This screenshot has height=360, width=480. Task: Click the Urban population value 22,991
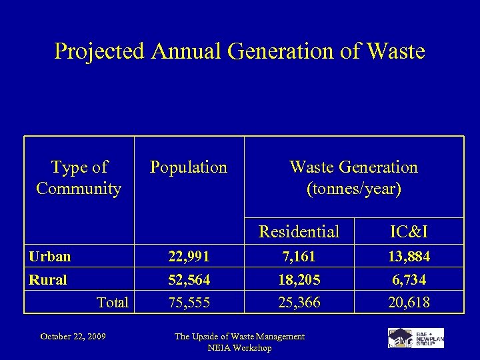(188, 257)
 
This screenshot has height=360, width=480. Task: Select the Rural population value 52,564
(188, 280)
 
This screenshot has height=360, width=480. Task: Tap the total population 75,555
(188, 303)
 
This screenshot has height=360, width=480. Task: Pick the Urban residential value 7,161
(299, 257)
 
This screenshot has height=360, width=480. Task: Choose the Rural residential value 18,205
(299, 280)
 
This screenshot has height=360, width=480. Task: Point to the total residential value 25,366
(299, 303)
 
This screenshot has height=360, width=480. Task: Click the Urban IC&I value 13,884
(409, 257)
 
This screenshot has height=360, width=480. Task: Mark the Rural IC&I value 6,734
(409, 280)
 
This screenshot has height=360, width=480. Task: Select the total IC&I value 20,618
(409, 303)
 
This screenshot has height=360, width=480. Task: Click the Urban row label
(49, 257)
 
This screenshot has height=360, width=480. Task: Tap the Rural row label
(47, 280)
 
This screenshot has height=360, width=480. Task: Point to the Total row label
(112, 303)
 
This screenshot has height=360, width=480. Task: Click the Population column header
(189, 167)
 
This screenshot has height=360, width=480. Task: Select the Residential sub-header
(299, 231)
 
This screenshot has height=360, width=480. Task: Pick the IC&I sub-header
(409, 231)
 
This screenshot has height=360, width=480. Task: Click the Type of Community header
(79, 178)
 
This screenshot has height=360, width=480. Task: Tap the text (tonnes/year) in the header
(353, 189)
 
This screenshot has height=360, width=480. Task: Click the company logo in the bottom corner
(415, 337)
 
